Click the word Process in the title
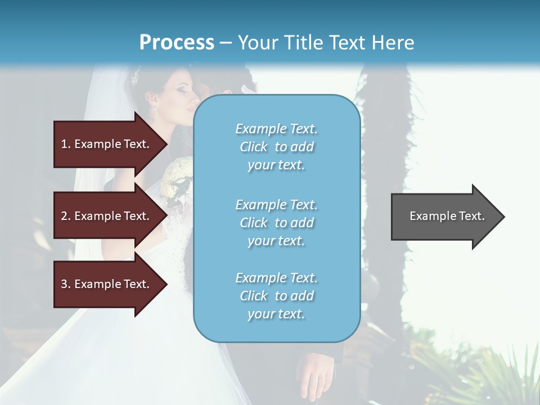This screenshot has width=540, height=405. (x=177, y=42)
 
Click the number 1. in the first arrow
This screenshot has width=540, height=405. (x=66, y=144)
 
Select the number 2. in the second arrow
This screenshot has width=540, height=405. (x=66, y=216)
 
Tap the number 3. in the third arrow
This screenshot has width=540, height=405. (x=66, y=284)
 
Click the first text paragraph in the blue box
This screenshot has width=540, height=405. (x=276, y=147)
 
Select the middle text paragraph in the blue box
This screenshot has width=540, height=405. (x=276, y=222)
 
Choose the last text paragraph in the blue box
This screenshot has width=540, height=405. (x=276, y=296)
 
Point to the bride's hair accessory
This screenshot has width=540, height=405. (x=135, y=75)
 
